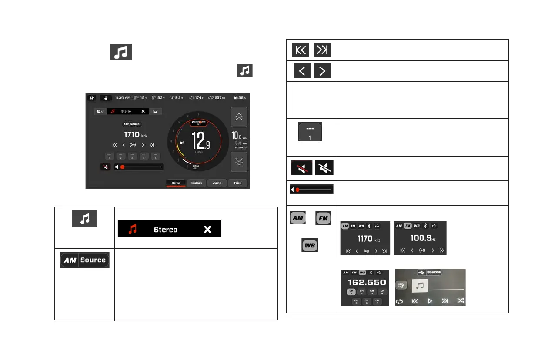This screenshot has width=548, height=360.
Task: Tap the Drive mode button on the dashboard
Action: click(176, 183)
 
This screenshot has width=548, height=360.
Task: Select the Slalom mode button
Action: click(197, 183)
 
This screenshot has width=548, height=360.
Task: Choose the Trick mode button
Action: click(237, 183)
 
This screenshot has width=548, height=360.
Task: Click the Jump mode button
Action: click(217, 183)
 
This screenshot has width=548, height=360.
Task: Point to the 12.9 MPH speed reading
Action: click(201, 141)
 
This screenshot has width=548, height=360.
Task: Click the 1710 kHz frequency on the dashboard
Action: click(132, 135)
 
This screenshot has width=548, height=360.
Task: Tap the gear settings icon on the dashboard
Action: click(92, 98)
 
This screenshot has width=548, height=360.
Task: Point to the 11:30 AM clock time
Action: click(123, 98)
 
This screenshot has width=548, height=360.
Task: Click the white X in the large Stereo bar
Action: click(207, 229)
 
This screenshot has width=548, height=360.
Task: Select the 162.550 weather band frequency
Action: click(365, 282)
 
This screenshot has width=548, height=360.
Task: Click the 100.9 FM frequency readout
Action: click(420, 238)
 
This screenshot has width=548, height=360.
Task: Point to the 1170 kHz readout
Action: click(365, 238)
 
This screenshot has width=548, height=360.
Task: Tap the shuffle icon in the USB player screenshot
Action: click(461, 300)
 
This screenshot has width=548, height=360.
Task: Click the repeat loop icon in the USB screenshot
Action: click(399, 301)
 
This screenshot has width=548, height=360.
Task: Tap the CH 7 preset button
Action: click(377, 301)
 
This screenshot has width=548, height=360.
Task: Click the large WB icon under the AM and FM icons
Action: click(310, 245)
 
